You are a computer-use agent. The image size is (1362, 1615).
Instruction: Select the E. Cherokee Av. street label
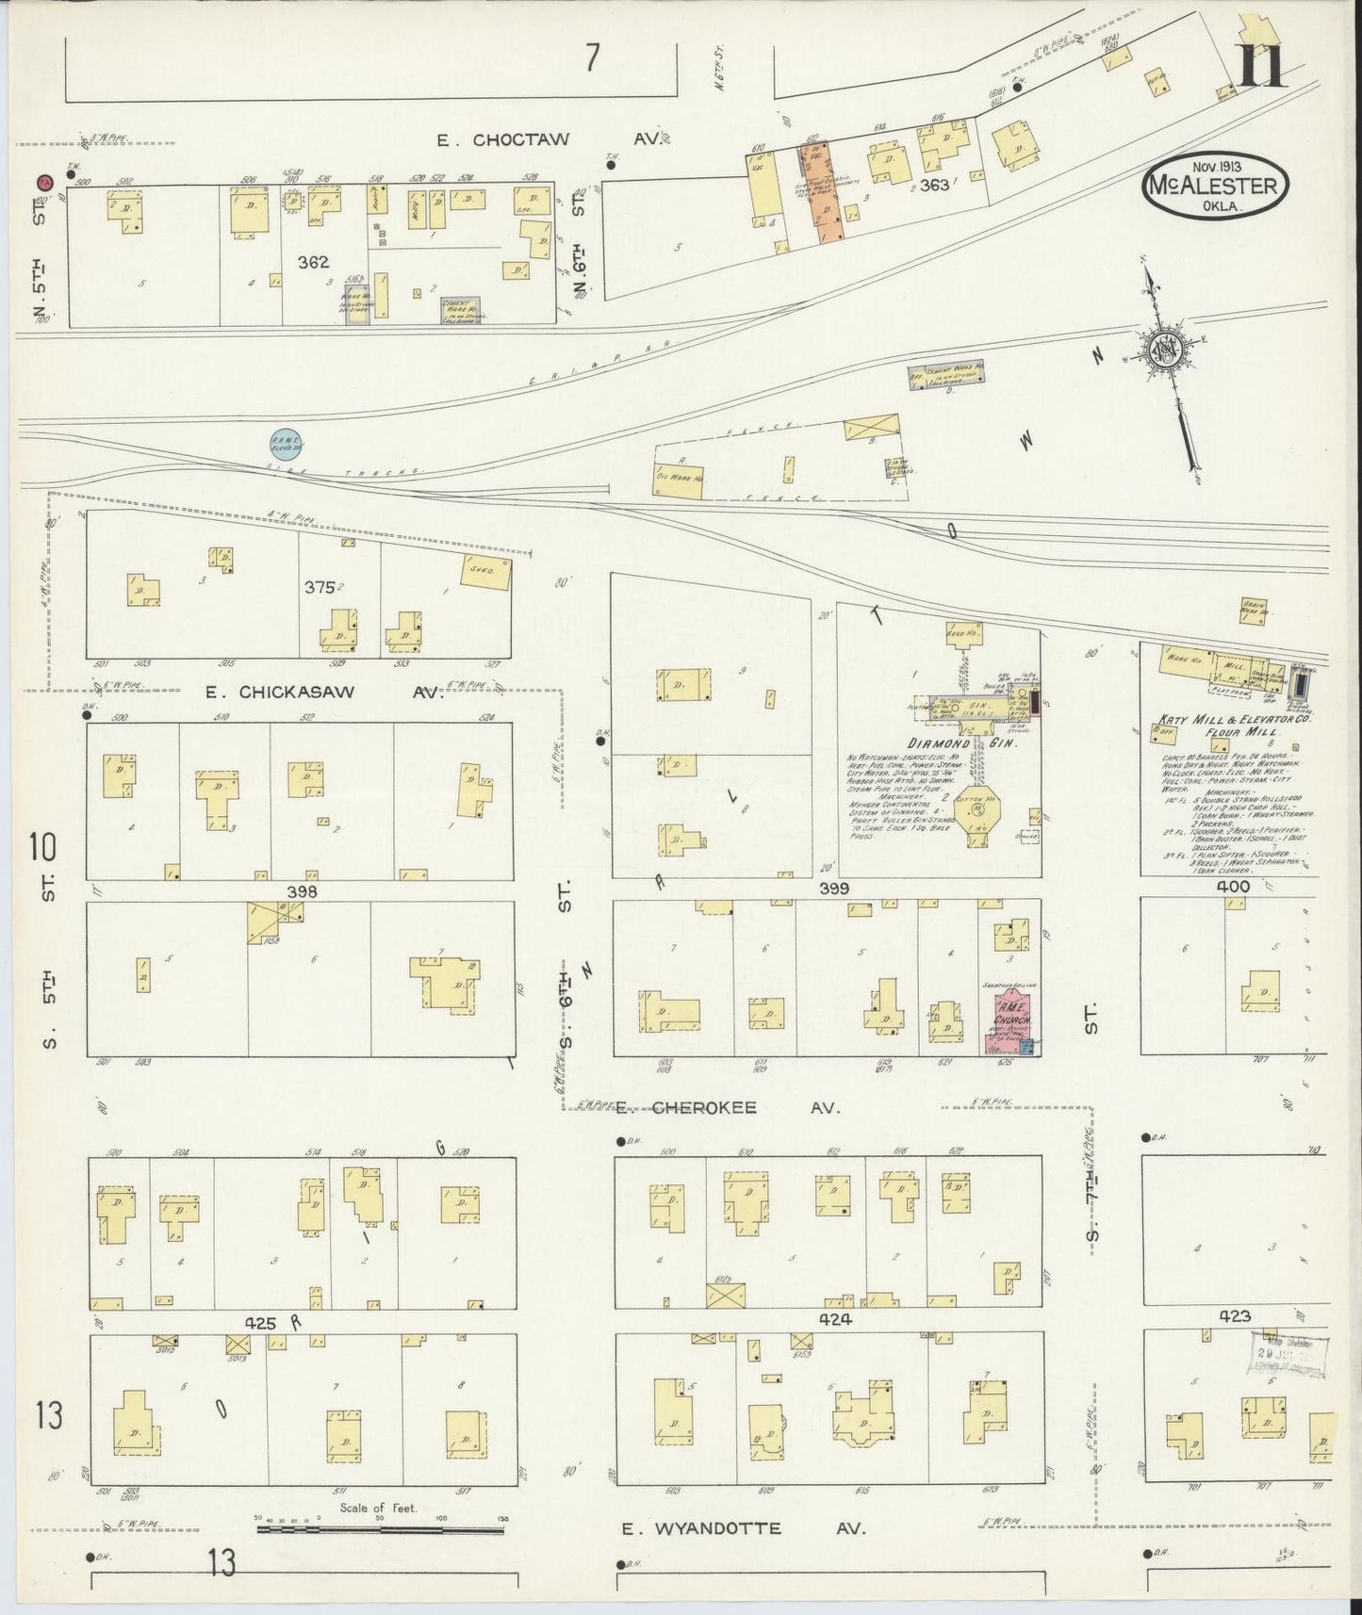point(724,1108)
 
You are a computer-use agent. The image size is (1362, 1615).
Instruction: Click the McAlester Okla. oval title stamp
point(1213,187)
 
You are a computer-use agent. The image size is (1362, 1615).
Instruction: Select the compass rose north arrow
point(1170,353)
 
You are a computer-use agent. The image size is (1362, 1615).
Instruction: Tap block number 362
point(313,264)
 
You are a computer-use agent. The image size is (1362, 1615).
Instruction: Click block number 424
point(835,1320)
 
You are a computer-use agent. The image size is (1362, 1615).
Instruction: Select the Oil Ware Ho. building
point(681,479)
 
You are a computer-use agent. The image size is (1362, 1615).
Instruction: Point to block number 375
point(319,587)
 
